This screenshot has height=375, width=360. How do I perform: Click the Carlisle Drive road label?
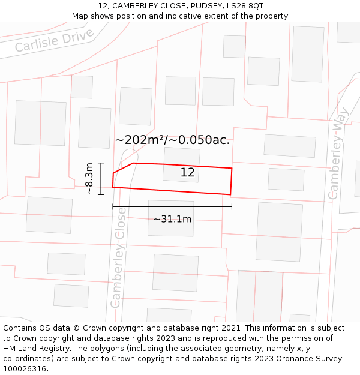pyautogui.click(x=55, y=39)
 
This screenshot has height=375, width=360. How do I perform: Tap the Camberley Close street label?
pyautogui.click(x=118, y=258)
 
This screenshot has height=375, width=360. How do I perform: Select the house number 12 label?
pyautogui.click(x=187, y=173)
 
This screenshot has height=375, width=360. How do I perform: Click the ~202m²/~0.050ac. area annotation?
pyautogui.click(x=172, y=140)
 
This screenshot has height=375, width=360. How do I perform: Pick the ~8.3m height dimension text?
pyautogui.click(x=89, y=179)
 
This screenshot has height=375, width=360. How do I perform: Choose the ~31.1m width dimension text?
pyautogui.click(x=172, y=219)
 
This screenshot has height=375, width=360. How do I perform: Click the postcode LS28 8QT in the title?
pyautogui.click(x=246, y=6)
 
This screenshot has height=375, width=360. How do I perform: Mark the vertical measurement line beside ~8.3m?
pyautogui.click(x=101, y=179)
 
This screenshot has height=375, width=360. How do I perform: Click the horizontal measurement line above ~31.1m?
pyautogui.click(x=172, y=206)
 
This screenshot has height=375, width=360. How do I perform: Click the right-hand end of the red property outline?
pyautogui.click(x=231, y=181)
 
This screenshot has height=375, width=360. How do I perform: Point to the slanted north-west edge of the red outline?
pyautogui.click(x=123, y=168)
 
